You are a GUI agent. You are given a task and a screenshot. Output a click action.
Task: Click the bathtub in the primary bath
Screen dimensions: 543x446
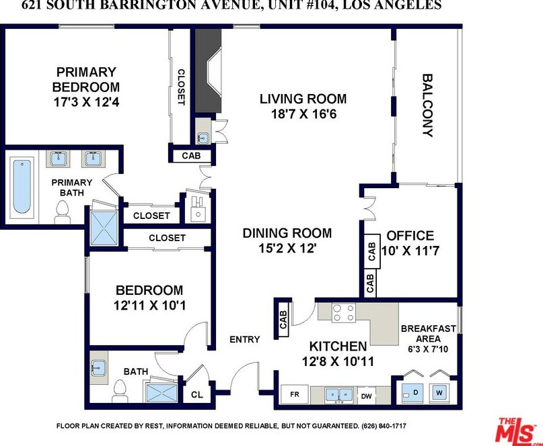click(22, 187)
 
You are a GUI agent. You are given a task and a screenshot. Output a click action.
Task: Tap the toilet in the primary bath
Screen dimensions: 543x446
click(63, 212)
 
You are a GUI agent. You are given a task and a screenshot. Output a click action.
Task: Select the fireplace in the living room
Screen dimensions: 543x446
click(208, 71)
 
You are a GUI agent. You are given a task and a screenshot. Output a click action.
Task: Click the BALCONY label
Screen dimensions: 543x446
click(428, 105)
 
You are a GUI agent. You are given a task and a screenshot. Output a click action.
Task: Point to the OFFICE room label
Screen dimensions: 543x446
click(410, 236)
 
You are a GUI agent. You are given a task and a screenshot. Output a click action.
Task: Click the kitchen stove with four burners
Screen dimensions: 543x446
click(344, 313)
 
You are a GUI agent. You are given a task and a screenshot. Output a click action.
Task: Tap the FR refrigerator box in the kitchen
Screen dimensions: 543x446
click(294, 394)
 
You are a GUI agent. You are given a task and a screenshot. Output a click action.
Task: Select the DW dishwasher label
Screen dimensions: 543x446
click(367, 396)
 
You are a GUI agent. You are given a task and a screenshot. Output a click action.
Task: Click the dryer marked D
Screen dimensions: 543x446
click(413, 394)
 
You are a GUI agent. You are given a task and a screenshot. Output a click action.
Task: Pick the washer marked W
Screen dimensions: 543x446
click(439, 393)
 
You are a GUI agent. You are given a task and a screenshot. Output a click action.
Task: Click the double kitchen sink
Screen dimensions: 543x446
click(339, 395)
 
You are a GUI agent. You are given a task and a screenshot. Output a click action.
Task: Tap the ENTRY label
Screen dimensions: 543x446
click(244, 339)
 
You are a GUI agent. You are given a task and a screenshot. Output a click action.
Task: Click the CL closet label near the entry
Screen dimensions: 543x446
click(197, 394)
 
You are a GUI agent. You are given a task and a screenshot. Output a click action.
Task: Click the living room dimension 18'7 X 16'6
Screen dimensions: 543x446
click(303, 114)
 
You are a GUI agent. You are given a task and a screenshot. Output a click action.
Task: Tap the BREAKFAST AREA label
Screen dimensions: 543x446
click(429, 333)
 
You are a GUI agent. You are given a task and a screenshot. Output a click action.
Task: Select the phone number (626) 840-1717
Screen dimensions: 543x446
click(384, 426)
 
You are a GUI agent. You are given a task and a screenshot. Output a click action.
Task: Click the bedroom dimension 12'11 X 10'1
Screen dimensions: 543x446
click(149, 306)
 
